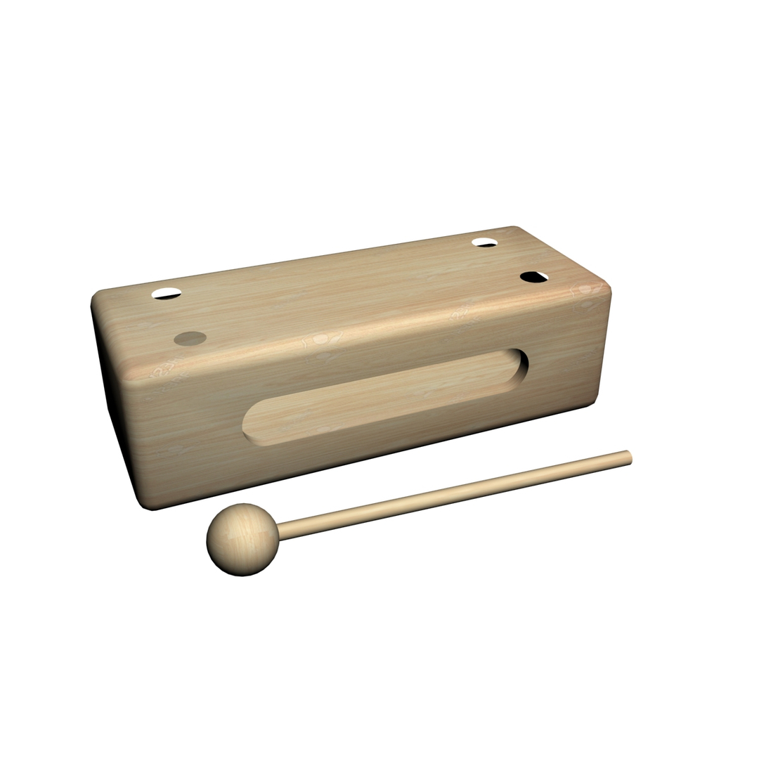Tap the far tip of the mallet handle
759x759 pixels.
pos(629,458)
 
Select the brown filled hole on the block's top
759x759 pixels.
pos(190,338)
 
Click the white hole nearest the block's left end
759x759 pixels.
pos(167,293)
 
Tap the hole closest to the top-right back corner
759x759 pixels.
pos(484,242)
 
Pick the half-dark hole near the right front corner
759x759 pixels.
pos(534,277)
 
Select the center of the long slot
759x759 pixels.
pos(385,396)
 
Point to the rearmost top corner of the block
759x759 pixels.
pos(514,228)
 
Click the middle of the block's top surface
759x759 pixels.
pos(351,295)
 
